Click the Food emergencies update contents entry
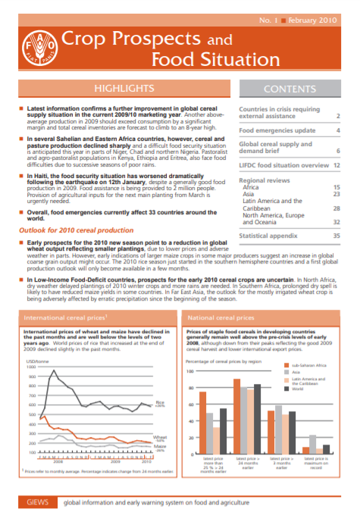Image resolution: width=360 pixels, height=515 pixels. tap(271, 130)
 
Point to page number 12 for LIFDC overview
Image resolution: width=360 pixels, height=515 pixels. tap(335, 164)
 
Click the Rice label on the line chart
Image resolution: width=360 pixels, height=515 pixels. tap(160, 402)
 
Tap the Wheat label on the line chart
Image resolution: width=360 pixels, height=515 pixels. tap(160, 437)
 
